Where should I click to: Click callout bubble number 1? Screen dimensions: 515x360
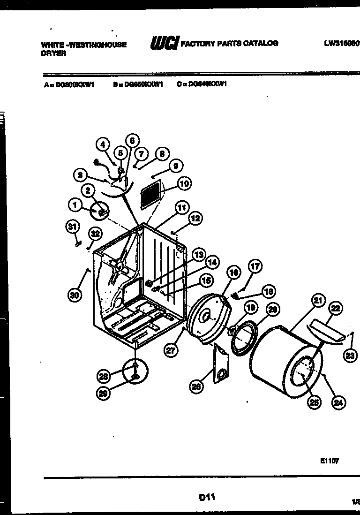75,204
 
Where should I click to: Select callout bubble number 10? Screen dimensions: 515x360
185,183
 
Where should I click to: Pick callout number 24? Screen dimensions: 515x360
337,401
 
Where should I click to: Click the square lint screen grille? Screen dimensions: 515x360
154,193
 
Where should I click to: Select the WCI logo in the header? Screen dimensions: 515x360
164,43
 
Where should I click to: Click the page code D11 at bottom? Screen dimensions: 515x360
206,497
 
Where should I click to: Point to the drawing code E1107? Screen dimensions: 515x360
330,461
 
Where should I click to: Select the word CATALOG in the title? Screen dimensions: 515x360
260,43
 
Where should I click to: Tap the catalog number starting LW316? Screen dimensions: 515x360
341,43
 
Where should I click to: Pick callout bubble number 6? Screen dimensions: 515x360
132,140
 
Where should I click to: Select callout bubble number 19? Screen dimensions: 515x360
251,308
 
